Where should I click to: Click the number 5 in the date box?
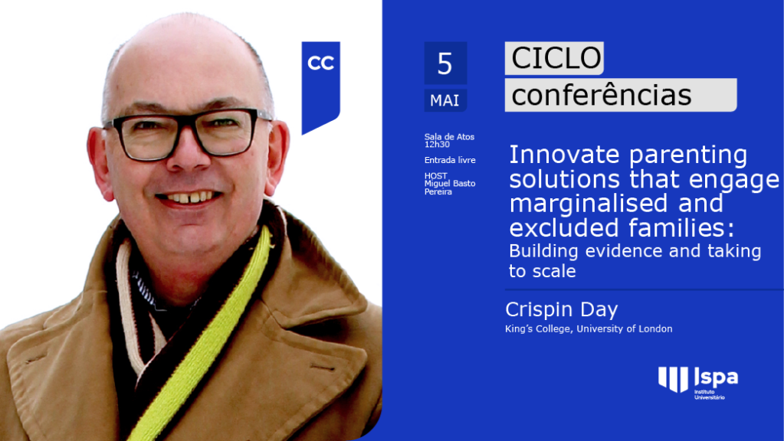point(444,64)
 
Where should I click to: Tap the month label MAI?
point(444,100)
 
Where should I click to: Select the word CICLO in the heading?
point(556,58)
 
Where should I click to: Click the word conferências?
point(602,95)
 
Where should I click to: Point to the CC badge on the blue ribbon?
point(320,63)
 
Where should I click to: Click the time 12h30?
point(437,145)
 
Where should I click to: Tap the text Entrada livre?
point(450,160)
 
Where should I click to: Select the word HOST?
point(435,176)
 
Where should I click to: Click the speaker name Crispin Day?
point(562,310)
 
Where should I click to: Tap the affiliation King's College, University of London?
point(589,328)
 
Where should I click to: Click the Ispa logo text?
point(716,377)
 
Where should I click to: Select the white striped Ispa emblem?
point(673,378)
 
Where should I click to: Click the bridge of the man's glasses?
point(186,122)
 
